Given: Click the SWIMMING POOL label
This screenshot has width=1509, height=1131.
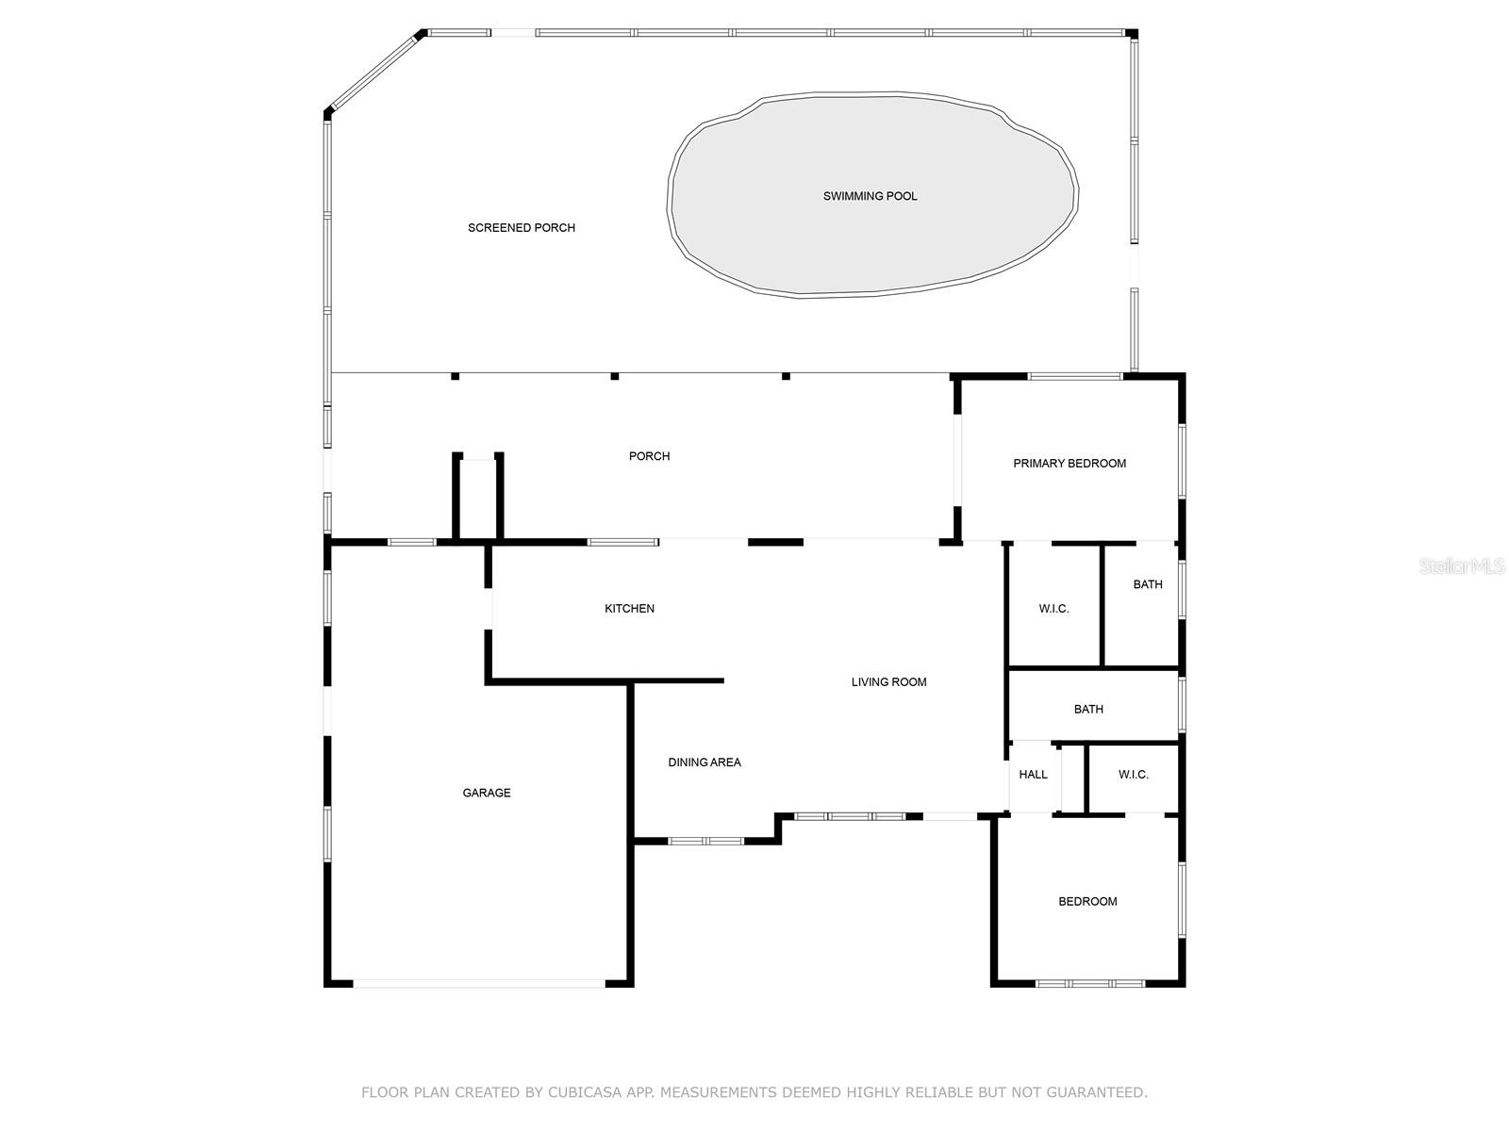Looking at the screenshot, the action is tap(870, 196).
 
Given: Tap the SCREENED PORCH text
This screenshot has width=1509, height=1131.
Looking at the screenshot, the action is tap(522, 228).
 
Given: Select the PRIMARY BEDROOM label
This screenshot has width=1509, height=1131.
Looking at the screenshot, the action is tap(1069, 464).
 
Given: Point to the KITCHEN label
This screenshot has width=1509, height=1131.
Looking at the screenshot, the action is tap(629, 609).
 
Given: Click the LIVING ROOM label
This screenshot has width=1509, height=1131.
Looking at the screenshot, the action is tap(888, 681).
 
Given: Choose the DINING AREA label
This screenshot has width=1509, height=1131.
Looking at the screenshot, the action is tap(704, 762).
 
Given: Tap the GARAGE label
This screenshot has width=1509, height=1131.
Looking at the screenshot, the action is tap(486, 794).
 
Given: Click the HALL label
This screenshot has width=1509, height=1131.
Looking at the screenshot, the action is tap(1033, 775).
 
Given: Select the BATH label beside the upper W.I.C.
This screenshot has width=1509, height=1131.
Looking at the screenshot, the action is tap(1148, 584).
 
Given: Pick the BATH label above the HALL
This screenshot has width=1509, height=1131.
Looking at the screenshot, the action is tap(1088, 710).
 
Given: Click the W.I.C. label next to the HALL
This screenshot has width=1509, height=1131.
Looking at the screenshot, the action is tap(1133, 775).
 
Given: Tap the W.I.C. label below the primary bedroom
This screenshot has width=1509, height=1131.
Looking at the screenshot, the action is tap(1053, 609).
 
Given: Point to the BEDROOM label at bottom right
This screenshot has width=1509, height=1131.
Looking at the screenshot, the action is tap(1086, 902).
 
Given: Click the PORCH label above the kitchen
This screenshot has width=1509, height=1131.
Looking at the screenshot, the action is tap(649, 456).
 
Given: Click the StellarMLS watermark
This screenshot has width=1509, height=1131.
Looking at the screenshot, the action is tap(1462, 565).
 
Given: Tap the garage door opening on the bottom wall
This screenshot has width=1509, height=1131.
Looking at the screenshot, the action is tap(479, 984).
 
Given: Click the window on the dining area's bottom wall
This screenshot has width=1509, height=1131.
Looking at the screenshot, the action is tap(706, 842).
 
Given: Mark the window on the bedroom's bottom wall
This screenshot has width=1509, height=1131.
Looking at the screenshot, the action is tap(1089, 984).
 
